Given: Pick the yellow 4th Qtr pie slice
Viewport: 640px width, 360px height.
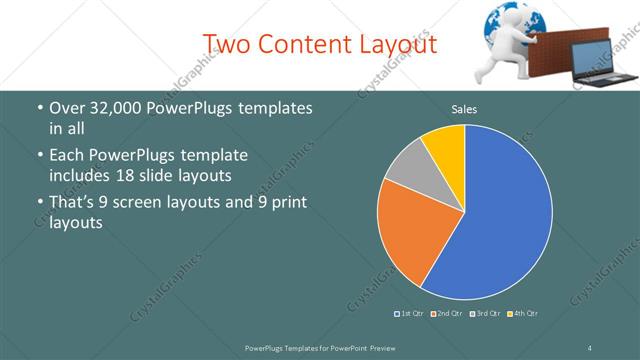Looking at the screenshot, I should [444, 143].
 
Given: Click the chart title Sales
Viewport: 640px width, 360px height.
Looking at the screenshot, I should [464, 109].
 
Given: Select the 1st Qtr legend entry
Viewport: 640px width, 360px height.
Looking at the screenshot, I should [410, 314].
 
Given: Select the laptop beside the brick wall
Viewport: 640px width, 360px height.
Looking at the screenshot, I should [605, 65].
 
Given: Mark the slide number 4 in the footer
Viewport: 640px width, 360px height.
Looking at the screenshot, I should [590, 347].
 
